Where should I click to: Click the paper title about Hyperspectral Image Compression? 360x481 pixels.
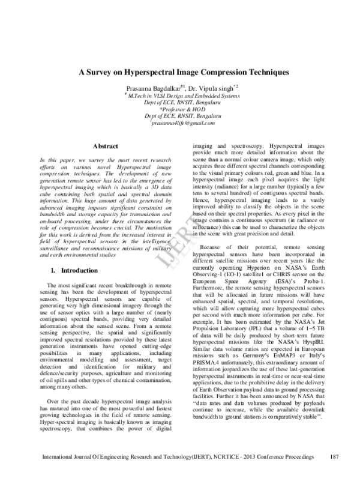coord(179,72)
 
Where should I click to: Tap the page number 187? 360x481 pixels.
coord(336,474)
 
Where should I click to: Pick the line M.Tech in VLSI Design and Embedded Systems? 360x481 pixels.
coord(181,94)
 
